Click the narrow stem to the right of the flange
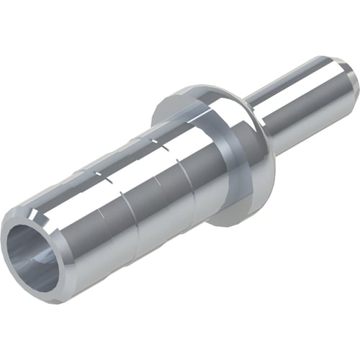(x=302, y=101)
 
